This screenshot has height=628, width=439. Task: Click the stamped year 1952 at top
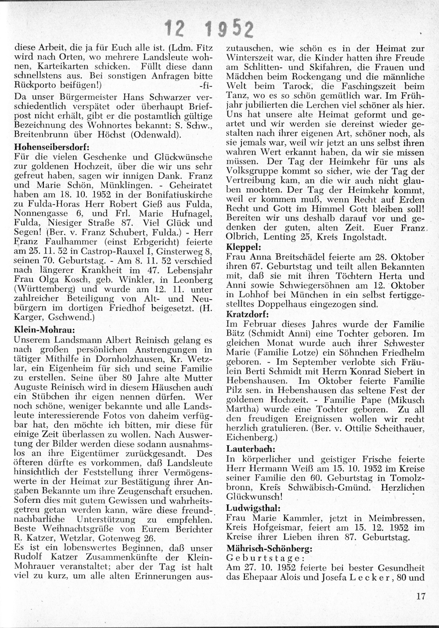(x=230, y=29)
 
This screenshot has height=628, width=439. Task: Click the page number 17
(x=421, y=596)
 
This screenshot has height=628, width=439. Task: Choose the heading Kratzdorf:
(x=248, y=314)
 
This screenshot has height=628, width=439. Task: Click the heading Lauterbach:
(x=251, y=449)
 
